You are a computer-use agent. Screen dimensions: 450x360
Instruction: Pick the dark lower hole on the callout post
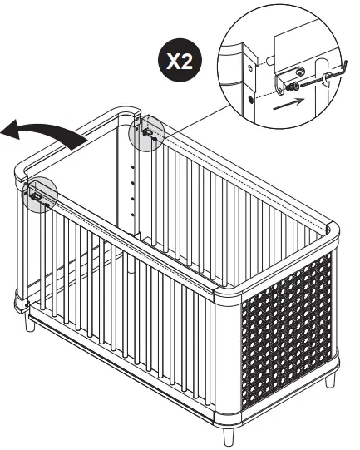pos(250,98)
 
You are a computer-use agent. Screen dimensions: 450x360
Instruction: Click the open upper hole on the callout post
pos(248,64)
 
